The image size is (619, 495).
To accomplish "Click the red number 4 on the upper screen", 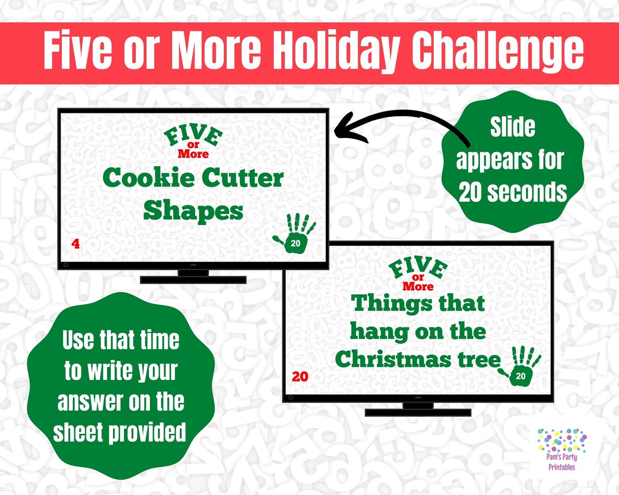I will coord(75,245).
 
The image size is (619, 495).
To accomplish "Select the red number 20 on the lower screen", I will coord(300,376).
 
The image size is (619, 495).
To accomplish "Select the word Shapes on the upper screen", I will coord(193,211).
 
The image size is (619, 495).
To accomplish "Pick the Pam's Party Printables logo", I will coord(561,449).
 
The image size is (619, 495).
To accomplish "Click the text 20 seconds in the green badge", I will coord(513,192).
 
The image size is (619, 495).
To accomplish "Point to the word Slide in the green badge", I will coord(513,128).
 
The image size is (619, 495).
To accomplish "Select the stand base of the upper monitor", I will coord(193,280).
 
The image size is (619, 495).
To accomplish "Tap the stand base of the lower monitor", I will coord(418,412).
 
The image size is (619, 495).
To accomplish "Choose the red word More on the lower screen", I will coord(418,286).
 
